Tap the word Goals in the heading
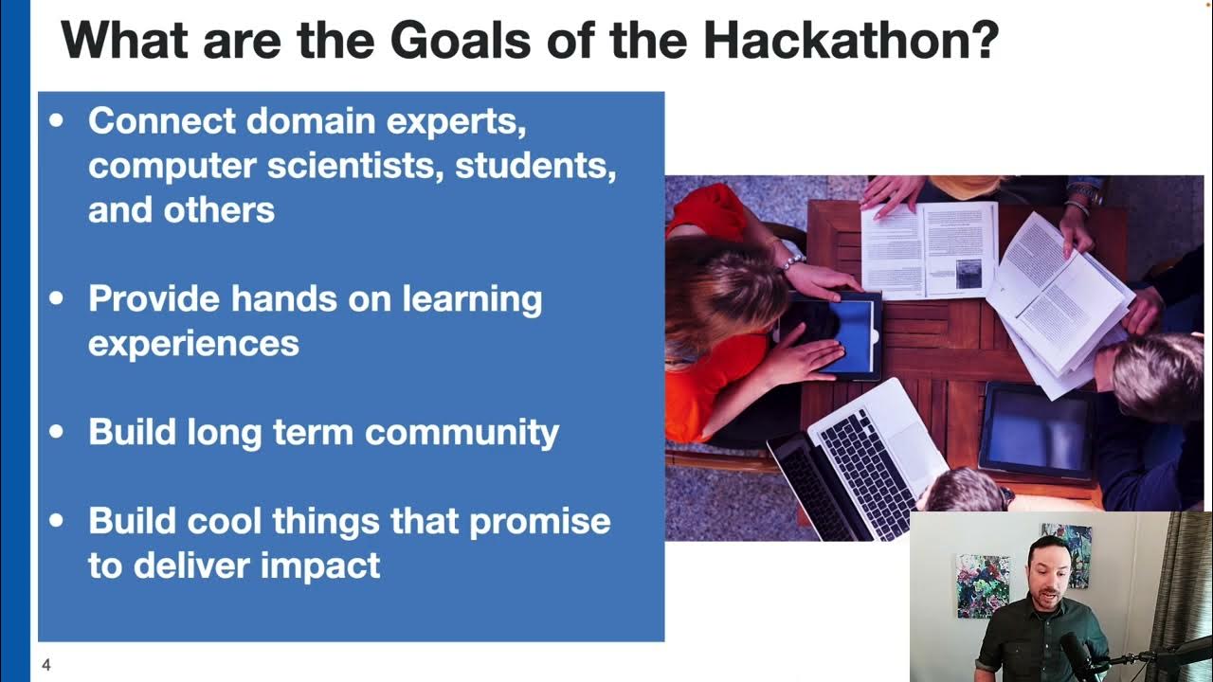(x=458, y=40)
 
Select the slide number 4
(x=45, y=666)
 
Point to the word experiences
(x=193, y=343)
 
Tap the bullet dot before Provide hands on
(x=58, y=298)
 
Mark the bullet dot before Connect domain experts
(x=58, y=121)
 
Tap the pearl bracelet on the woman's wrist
(x=791, y=260)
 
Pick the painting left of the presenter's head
(x=983, y=585)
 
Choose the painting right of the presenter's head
(x=1067, y=553)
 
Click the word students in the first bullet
(x=535, y=166)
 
